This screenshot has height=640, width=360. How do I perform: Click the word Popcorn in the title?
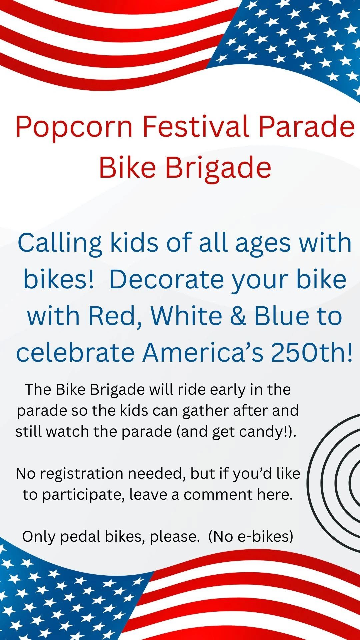point(74,127)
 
